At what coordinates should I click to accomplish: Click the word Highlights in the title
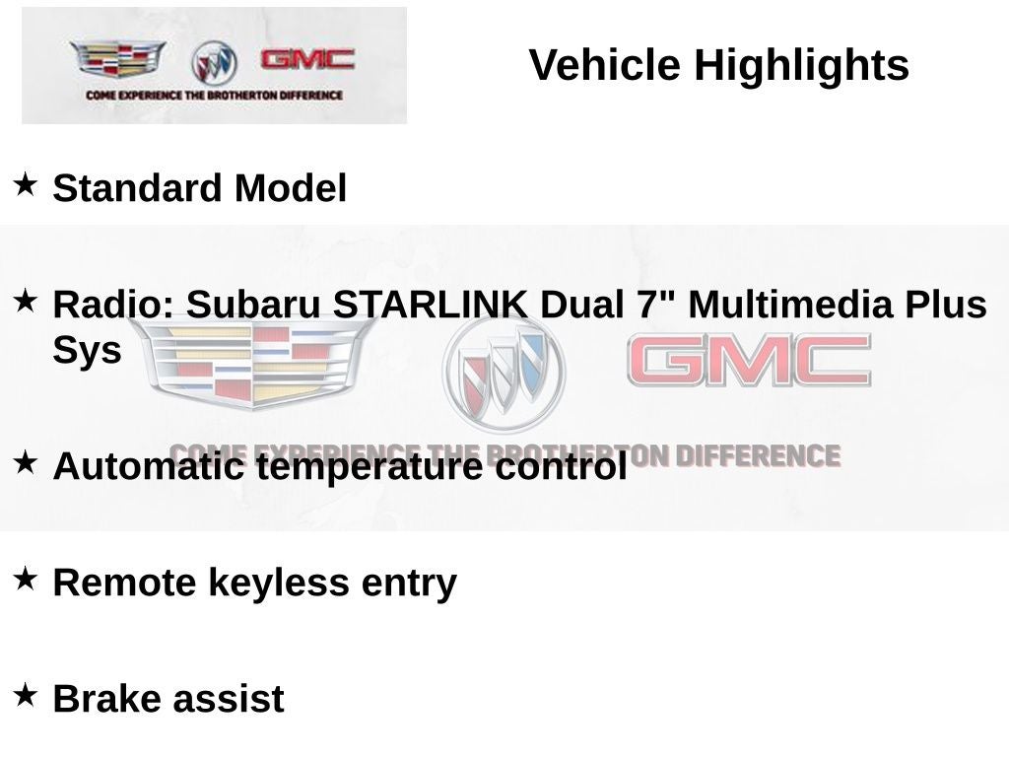pyautogui.click(x=801, y=66)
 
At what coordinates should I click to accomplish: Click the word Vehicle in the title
pyautogui.click(x=605, y=66)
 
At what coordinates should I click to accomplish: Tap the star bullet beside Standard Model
pyautogui.click(x=26, y=183)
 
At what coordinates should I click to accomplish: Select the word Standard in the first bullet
pyautogui.click(x=137, y=188)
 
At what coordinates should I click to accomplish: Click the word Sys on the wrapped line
pyautogui.click(x=87, y=351)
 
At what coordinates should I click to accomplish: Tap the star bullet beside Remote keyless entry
pyautogui.click(x=26, y=579)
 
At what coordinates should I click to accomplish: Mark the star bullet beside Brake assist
pyautogui.click(x=26, y=695)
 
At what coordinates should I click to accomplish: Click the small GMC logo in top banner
pyautogui.click(x=306, y=59)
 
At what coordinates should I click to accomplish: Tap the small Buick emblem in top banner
pyautogui.click(x=214, y=63)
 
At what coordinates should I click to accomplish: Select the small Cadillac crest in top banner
pyautogui.click(x=117, y=59)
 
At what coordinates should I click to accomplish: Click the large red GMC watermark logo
pyautogui.click(x=749, y=361)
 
